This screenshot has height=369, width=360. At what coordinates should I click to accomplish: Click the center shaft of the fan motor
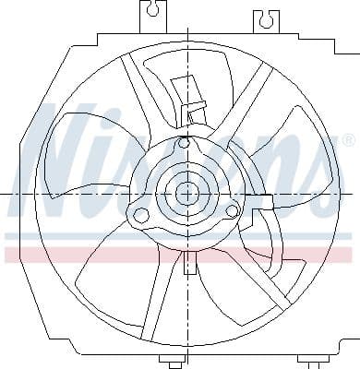coord(187,194)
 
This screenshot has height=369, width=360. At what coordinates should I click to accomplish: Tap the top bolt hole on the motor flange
coord(184,143)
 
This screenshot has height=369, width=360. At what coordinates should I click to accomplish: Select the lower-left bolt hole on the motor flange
coord(141,216)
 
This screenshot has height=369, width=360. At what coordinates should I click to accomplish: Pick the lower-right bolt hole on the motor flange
coord(232,212)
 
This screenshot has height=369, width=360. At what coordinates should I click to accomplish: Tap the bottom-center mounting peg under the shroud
coord(173,361)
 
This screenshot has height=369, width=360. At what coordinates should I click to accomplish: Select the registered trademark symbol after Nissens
coord(347,140)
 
